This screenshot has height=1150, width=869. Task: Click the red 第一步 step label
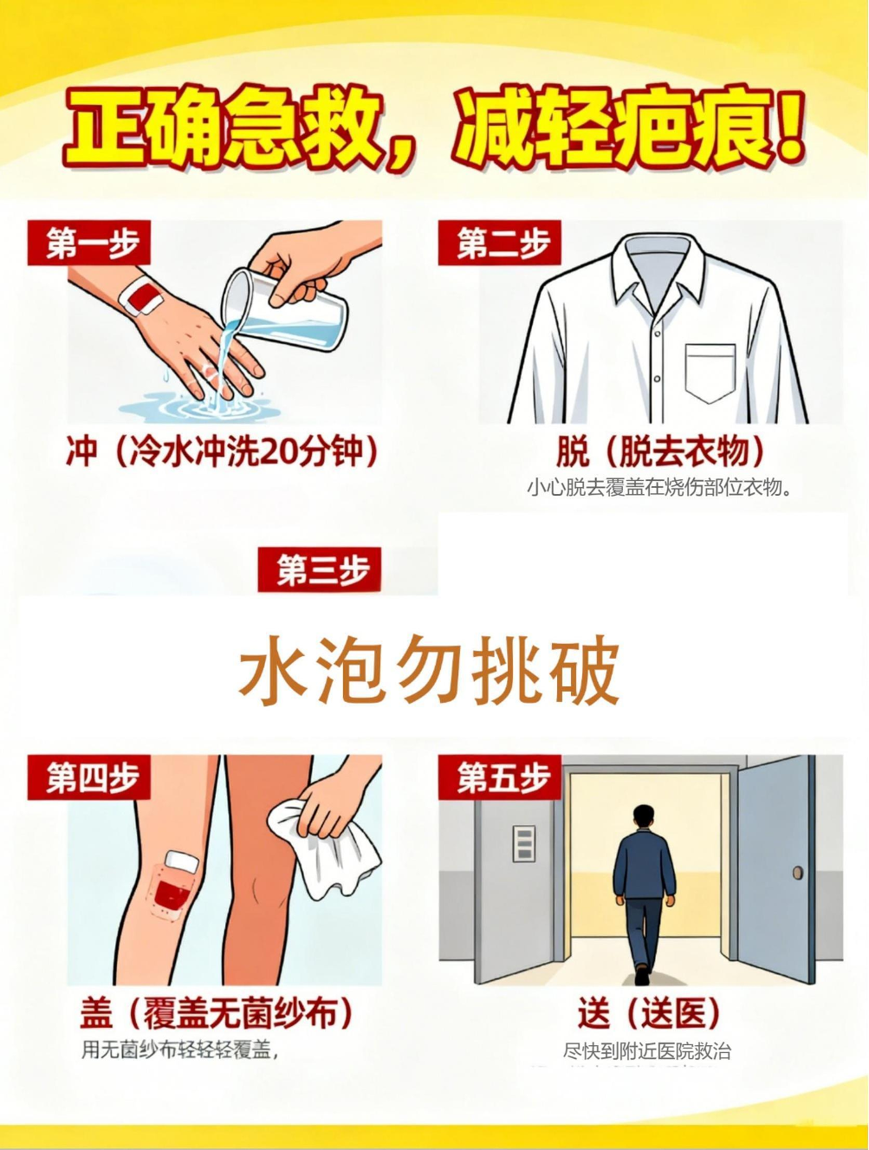tap(89, 243)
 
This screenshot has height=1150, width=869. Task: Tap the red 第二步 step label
tap(499, 243)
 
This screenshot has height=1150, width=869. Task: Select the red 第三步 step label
tap(319, 569)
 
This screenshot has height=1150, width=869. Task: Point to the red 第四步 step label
tap(89, 777)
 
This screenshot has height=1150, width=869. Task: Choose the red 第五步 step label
tap(499, 777)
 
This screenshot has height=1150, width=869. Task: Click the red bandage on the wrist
tap(142, 297)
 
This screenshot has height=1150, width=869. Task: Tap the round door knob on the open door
tap(797, 873)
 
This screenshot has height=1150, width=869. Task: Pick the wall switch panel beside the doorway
tap(524, 844)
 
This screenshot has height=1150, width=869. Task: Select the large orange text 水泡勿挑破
tap(429, 670)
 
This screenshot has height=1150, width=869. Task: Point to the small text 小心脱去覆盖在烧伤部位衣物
tap(659, 488)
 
